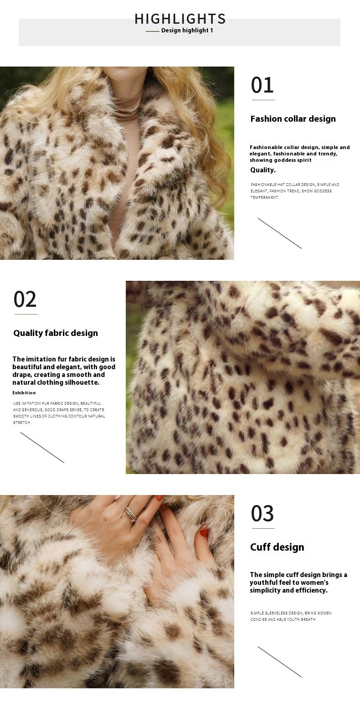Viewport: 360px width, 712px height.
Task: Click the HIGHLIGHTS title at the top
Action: [x=180, y=19]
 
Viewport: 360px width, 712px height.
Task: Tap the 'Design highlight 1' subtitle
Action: [x=187, y=31]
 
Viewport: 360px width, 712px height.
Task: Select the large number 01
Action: [x=262, y=85]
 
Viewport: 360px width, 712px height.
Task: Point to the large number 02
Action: [x=25, y=299]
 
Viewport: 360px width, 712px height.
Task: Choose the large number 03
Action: [x=262, y=514]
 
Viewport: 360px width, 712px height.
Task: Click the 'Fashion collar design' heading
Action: [x=293, y=119]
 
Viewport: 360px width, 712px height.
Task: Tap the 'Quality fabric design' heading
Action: [x=56, y=333]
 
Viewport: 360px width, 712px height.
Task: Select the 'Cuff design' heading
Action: [x=277, y=547]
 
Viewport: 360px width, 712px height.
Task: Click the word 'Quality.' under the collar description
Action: [x=263, y=170]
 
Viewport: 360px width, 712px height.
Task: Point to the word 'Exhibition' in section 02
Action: [x=24, y=393]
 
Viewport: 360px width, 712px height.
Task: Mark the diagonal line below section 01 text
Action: [x=280, y=233]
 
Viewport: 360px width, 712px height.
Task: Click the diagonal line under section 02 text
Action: [x=42, y=448]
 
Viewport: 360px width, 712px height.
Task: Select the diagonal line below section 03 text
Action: [x=280, y=662]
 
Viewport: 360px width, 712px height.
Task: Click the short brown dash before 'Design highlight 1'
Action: [x=153, y=31]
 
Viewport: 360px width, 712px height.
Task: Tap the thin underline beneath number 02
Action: [x=26, y=315]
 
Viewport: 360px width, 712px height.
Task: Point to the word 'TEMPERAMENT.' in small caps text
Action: [x=265, y=197]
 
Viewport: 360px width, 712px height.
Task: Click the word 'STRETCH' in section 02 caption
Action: [x=21, y=423]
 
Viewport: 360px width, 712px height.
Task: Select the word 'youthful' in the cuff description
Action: [x=262, y=583]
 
